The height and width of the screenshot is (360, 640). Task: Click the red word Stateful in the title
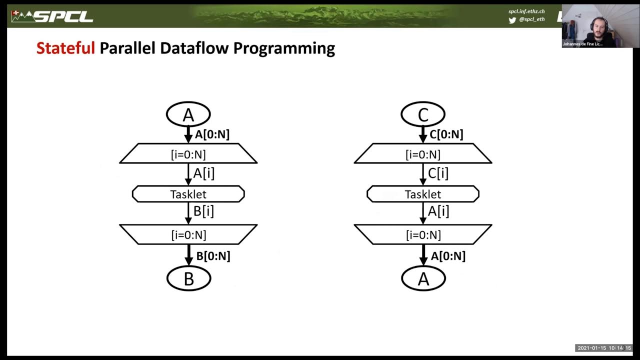(65, 48)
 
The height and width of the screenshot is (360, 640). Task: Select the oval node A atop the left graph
(188, 114)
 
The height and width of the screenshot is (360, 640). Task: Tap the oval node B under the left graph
(188, 278)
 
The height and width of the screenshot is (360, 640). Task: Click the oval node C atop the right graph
(423, 114)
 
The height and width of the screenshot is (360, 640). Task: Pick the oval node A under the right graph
(423, 278)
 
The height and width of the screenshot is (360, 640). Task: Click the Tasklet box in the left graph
(188, 194)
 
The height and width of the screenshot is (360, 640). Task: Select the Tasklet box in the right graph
(423, 194)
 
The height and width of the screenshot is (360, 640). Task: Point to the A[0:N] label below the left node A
(212, 134)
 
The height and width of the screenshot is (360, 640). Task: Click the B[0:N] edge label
(213, 256)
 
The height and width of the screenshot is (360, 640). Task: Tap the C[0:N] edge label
(446, 134)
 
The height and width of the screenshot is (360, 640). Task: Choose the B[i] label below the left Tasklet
(203, 211)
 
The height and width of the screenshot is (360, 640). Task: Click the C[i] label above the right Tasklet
(438, 173)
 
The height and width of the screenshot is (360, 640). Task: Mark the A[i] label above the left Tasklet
(203, 173)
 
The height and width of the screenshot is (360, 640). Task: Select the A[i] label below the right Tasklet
(438, 211)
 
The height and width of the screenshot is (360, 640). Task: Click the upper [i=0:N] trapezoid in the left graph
(188, 154)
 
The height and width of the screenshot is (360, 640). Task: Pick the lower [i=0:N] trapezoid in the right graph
(423, 234)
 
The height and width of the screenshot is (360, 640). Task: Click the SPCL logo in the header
(52, 16)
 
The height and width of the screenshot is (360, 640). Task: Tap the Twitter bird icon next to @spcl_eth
(512, 20)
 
